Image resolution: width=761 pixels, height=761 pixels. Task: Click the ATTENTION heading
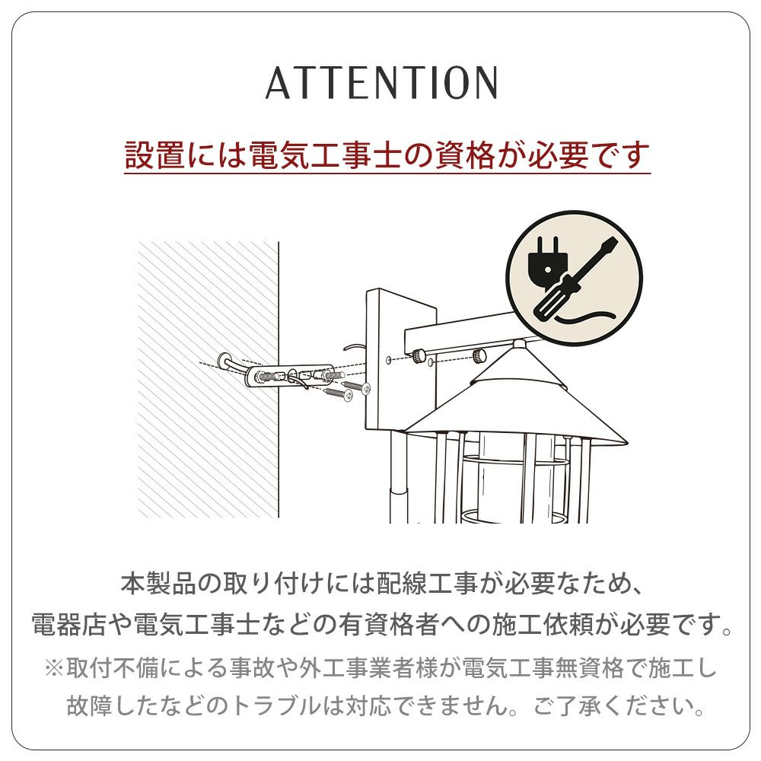381,82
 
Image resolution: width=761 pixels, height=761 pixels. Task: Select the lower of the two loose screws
339,393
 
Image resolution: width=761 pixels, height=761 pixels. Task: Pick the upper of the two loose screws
357,386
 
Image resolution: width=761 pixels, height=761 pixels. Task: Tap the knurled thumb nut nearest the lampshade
479,355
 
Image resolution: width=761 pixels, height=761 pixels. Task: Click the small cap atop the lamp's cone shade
518,345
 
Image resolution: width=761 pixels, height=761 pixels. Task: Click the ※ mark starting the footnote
54,668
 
